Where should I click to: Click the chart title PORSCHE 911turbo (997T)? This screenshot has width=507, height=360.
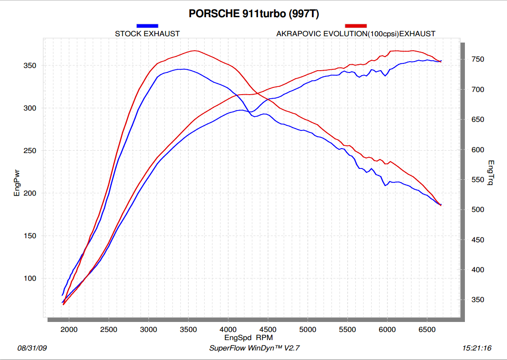pos(254,14)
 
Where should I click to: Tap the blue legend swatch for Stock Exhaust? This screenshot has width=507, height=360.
pos(147,26)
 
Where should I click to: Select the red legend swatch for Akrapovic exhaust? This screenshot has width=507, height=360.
pos(355,26)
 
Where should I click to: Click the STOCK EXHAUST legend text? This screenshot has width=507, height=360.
pos(147,34)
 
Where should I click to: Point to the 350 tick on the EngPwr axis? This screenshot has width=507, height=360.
pos(30,66)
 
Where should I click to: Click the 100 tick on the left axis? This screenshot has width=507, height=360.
pos(30,278)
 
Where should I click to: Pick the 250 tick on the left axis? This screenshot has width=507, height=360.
pos(30,151)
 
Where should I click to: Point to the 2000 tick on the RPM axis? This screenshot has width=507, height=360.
pos(69,329)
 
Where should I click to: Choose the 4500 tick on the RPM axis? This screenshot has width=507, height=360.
pos(268,329)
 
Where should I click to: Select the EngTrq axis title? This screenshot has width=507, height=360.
pos(491,173)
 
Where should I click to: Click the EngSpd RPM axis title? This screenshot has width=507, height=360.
pos(249,337)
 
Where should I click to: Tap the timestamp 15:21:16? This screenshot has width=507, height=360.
pos(476,348)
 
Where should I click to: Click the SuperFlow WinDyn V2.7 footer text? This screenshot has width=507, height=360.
pos(254,348)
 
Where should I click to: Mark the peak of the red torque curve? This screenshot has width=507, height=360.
pos(195,51)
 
